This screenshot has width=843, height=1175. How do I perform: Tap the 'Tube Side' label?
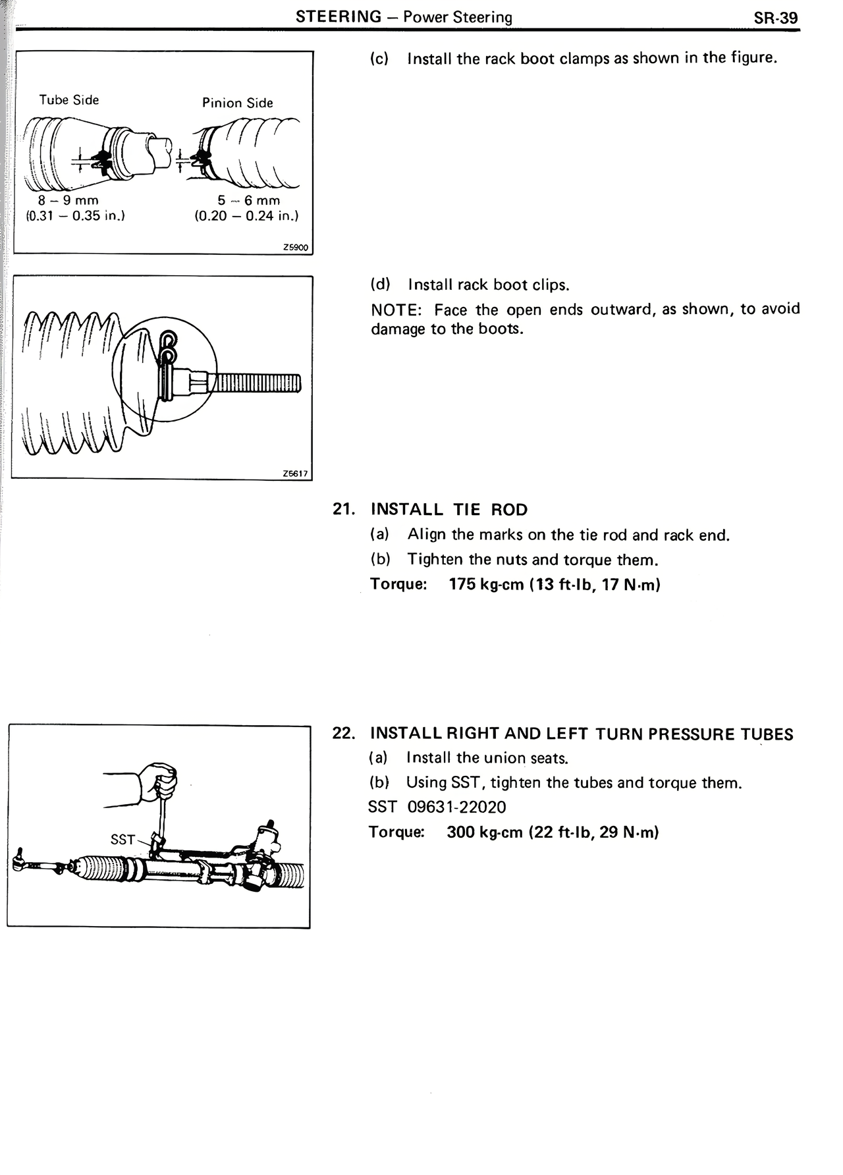(69, 100)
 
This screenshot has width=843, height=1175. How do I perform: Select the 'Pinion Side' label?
(237, 103)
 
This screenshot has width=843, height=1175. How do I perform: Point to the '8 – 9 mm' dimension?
(68, 200)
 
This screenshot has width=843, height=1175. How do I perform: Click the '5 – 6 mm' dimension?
(249, 200)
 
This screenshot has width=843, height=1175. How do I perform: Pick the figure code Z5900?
(296, 248)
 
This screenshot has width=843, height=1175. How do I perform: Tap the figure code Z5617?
(295, 473)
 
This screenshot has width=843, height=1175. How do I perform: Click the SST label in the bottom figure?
(122, 839)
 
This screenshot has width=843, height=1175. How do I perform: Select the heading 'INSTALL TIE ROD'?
(449, 509)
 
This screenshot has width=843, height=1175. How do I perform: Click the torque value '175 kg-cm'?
(486, 584)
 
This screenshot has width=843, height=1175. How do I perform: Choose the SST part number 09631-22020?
(456, 807)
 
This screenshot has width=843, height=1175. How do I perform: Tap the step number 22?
(344, 734)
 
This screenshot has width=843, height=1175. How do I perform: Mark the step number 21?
(344, 509)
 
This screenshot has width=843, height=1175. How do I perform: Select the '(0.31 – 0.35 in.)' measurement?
(75, 215)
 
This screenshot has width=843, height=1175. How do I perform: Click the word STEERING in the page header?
(339, 17)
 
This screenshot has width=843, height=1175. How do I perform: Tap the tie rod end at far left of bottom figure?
(23, 860)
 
